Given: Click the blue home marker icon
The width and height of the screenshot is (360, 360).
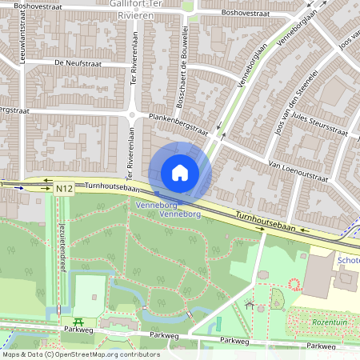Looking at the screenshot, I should (x=180, y=172).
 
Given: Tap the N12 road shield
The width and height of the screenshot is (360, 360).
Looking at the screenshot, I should (x=66, y=189).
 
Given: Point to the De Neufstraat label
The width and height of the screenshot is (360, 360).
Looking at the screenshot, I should (x=58, y=62).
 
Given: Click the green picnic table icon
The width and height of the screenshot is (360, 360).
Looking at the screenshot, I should (x=67, y=322).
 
